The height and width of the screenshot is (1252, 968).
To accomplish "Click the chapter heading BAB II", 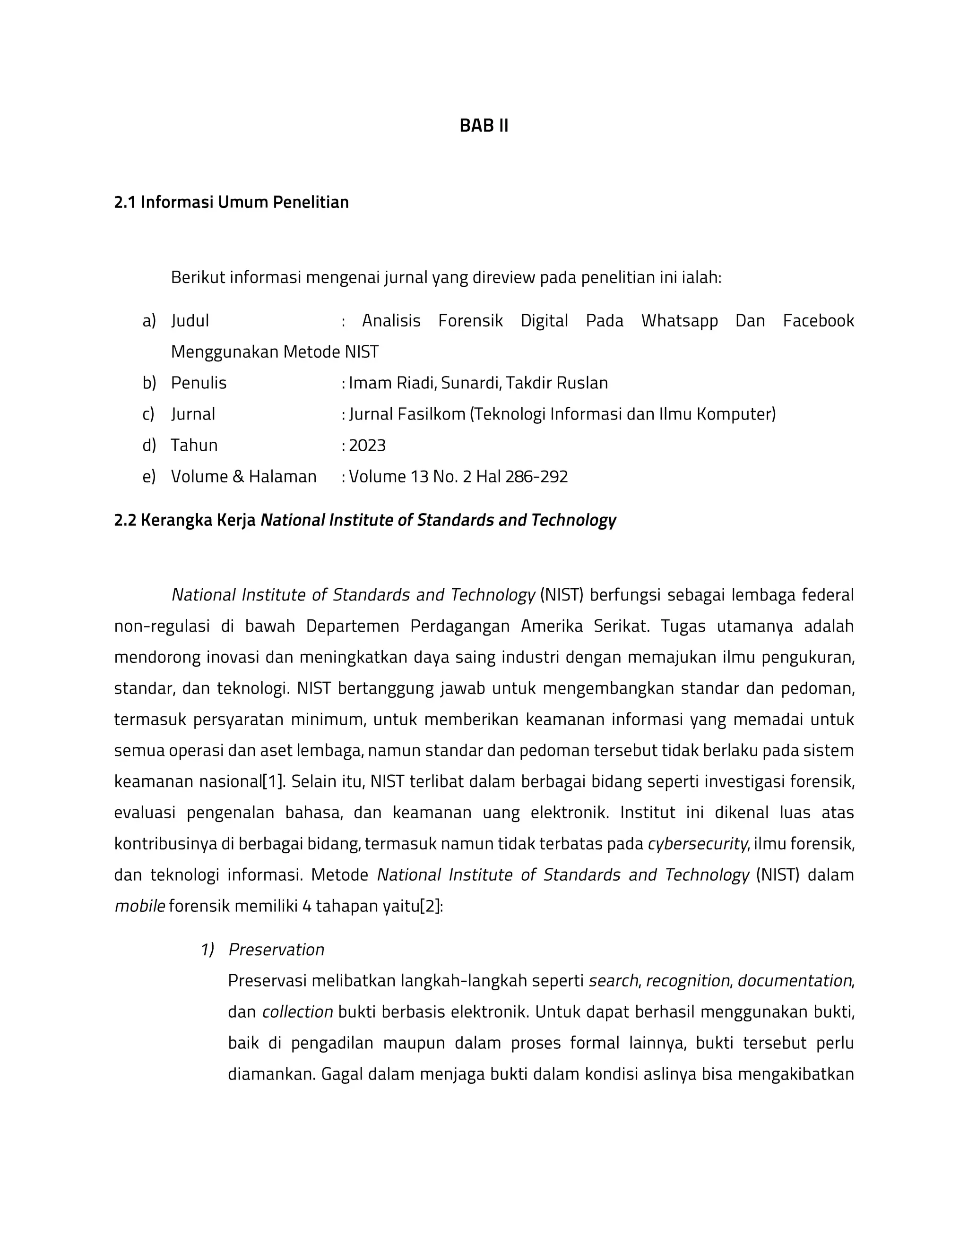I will click(484, 126).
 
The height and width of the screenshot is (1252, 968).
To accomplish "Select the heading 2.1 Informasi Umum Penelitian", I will click(231, 202).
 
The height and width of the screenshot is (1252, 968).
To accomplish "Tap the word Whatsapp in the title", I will click(679, 320).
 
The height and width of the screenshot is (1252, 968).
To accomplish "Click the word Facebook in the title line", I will click(818, 320).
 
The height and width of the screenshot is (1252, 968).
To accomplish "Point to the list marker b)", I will click(149, 383).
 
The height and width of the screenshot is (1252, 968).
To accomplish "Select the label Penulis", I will click(199, 383).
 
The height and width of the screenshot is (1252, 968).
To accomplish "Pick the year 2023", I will click(367, 446).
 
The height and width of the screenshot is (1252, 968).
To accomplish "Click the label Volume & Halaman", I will click(244, 476).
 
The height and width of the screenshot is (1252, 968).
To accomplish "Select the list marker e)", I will click(149, 476).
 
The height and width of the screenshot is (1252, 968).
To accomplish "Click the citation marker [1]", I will click(273, 781).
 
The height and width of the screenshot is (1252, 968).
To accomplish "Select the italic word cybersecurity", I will click(697, 844).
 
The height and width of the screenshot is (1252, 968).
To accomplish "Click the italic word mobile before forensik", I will click(139, 906).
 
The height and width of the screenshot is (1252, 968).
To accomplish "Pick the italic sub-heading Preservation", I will click(277, 950).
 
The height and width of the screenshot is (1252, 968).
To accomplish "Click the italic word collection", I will click(298, 1012).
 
